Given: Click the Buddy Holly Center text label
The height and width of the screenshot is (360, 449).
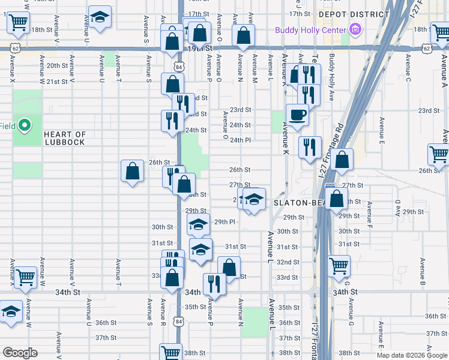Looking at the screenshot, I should click(x=310, y=30).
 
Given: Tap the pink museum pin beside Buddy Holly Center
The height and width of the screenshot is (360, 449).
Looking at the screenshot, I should click(x=355, y=29).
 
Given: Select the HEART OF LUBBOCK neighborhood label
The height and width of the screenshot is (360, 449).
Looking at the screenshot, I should click(x=65, y=139).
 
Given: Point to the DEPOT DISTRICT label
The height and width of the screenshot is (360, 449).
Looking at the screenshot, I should click(x=354, y=14).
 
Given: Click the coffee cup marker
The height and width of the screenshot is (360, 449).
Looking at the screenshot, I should click(x=297, y=115).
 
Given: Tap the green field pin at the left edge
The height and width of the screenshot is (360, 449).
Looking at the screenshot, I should click(x=24, y=126).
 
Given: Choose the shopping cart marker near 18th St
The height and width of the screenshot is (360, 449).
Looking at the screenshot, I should click(x=19, y=23).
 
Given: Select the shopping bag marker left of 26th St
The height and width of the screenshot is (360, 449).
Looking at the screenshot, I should click(x=132, y=172).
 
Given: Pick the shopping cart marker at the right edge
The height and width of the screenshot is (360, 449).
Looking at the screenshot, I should click(x=439, y=154).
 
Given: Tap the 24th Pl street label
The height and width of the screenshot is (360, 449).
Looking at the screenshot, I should click(x=240, y=140).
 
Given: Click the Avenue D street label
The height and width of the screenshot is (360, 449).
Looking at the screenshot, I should click(x=397, y=208).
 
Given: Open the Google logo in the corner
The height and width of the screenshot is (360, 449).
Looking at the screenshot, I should click(x=19, y=353).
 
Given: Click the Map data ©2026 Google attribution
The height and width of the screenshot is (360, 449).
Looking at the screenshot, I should click(x=412, y=355).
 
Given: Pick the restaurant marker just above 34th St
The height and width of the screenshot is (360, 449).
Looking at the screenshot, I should click(x=214, y=284).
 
